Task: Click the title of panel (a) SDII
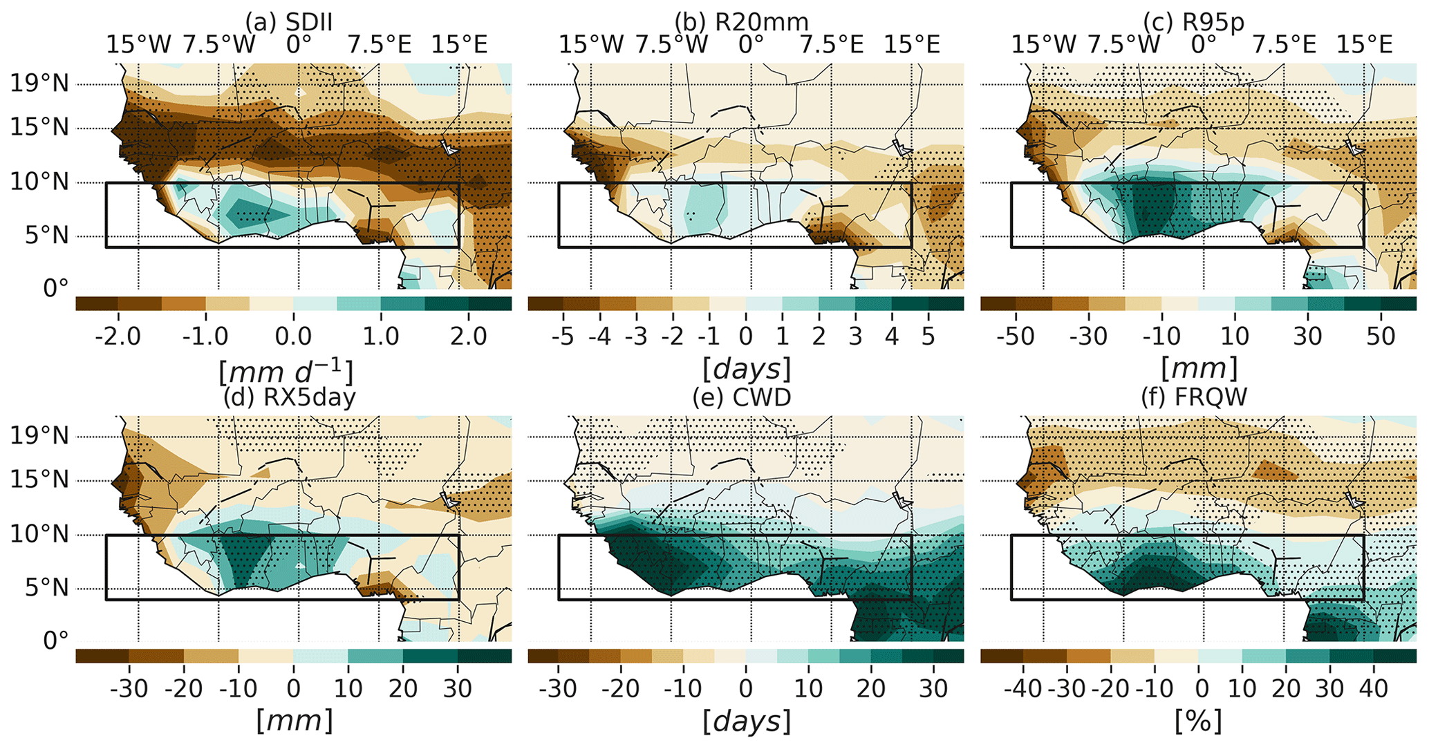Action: click(x=289, y=22)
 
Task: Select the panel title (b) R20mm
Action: click(x=742, y=22)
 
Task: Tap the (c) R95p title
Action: click(x=1194, y=22)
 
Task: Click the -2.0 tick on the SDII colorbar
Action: click(x=118, y=336)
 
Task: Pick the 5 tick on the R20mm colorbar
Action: click(x=928, y=336)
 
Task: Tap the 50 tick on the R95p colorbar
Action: click(x=1381, y=336)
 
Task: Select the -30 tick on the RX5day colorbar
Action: click(x=129, y=689)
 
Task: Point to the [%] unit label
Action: click(x=1198, y=722)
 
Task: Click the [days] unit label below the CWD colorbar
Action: click(x=746, y=722)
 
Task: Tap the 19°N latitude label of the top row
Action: click(x=39, y=84)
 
